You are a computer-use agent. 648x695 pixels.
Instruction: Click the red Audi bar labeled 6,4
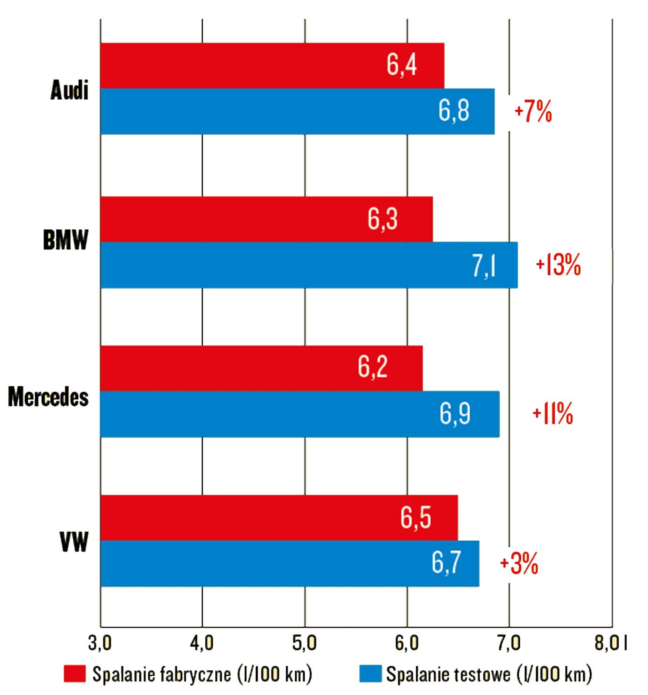pyautogui.click(x=272, y=66)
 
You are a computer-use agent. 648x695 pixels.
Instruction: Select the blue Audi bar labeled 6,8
pyautogui.click(x=297, y=112)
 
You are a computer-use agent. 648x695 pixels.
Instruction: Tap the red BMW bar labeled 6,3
pyautogui.click(x=267, y=219)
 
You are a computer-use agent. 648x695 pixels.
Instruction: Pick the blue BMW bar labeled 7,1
pyautogui.click(x=309, y=265)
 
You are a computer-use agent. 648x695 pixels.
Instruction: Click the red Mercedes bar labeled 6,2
pyautogui.click(x=261, y=368)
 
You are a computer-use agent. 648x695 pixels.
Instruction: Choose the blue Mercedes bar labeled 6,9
pyautogui.click(x=300, y=414)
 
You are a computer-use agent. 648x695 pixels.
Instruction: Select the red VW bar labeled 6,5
pyautogui.click(x=279, y=517)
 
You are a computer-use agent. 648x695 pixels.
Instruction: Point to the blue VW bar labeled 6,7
pyautogui.click(x=290, y=563)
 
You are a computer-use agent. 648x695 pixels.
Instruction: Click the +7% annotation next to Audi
pyautogui.click(x=533, y=112)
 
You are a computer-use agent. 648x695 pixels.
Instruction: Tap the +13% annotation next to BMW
pyautogui.click(x=558, y=265)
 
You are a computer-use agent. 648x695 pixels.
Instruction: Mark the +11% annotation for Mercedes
pyautogui.click(x=553, y=414)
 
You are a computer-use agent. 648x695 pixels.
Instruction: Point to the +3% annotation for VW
pyautogui.click(x=519, y=563)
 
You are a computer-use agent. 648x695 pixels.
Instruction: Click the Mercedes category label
pyautogui.click(x=48, y=397)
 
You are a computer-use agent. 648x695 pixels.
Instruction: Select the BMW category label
pyautogui.click(x=66, y=240)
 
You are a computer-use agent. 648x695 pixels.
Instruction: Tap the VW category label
pyautogui.click(x=74, y=542)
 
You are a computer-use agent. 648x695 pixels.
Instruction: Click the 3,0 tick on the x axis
pyautogui.click(x=100, y=643)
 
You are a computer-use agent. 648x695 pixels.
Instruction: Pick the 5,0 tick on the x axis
pyautogui.click(x=304, y=643)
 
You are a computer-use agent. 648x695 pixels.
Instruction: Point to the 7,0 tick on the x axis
pyautogui.click(x=509, y=643)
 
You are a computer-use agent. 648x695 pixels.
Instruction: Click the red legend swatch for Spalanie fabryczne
pyautogui.click(x=75, y=673)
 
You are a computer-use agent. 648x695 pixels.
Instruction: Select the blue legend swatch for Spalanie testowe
pyautogui.click(x=370, y=673)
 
